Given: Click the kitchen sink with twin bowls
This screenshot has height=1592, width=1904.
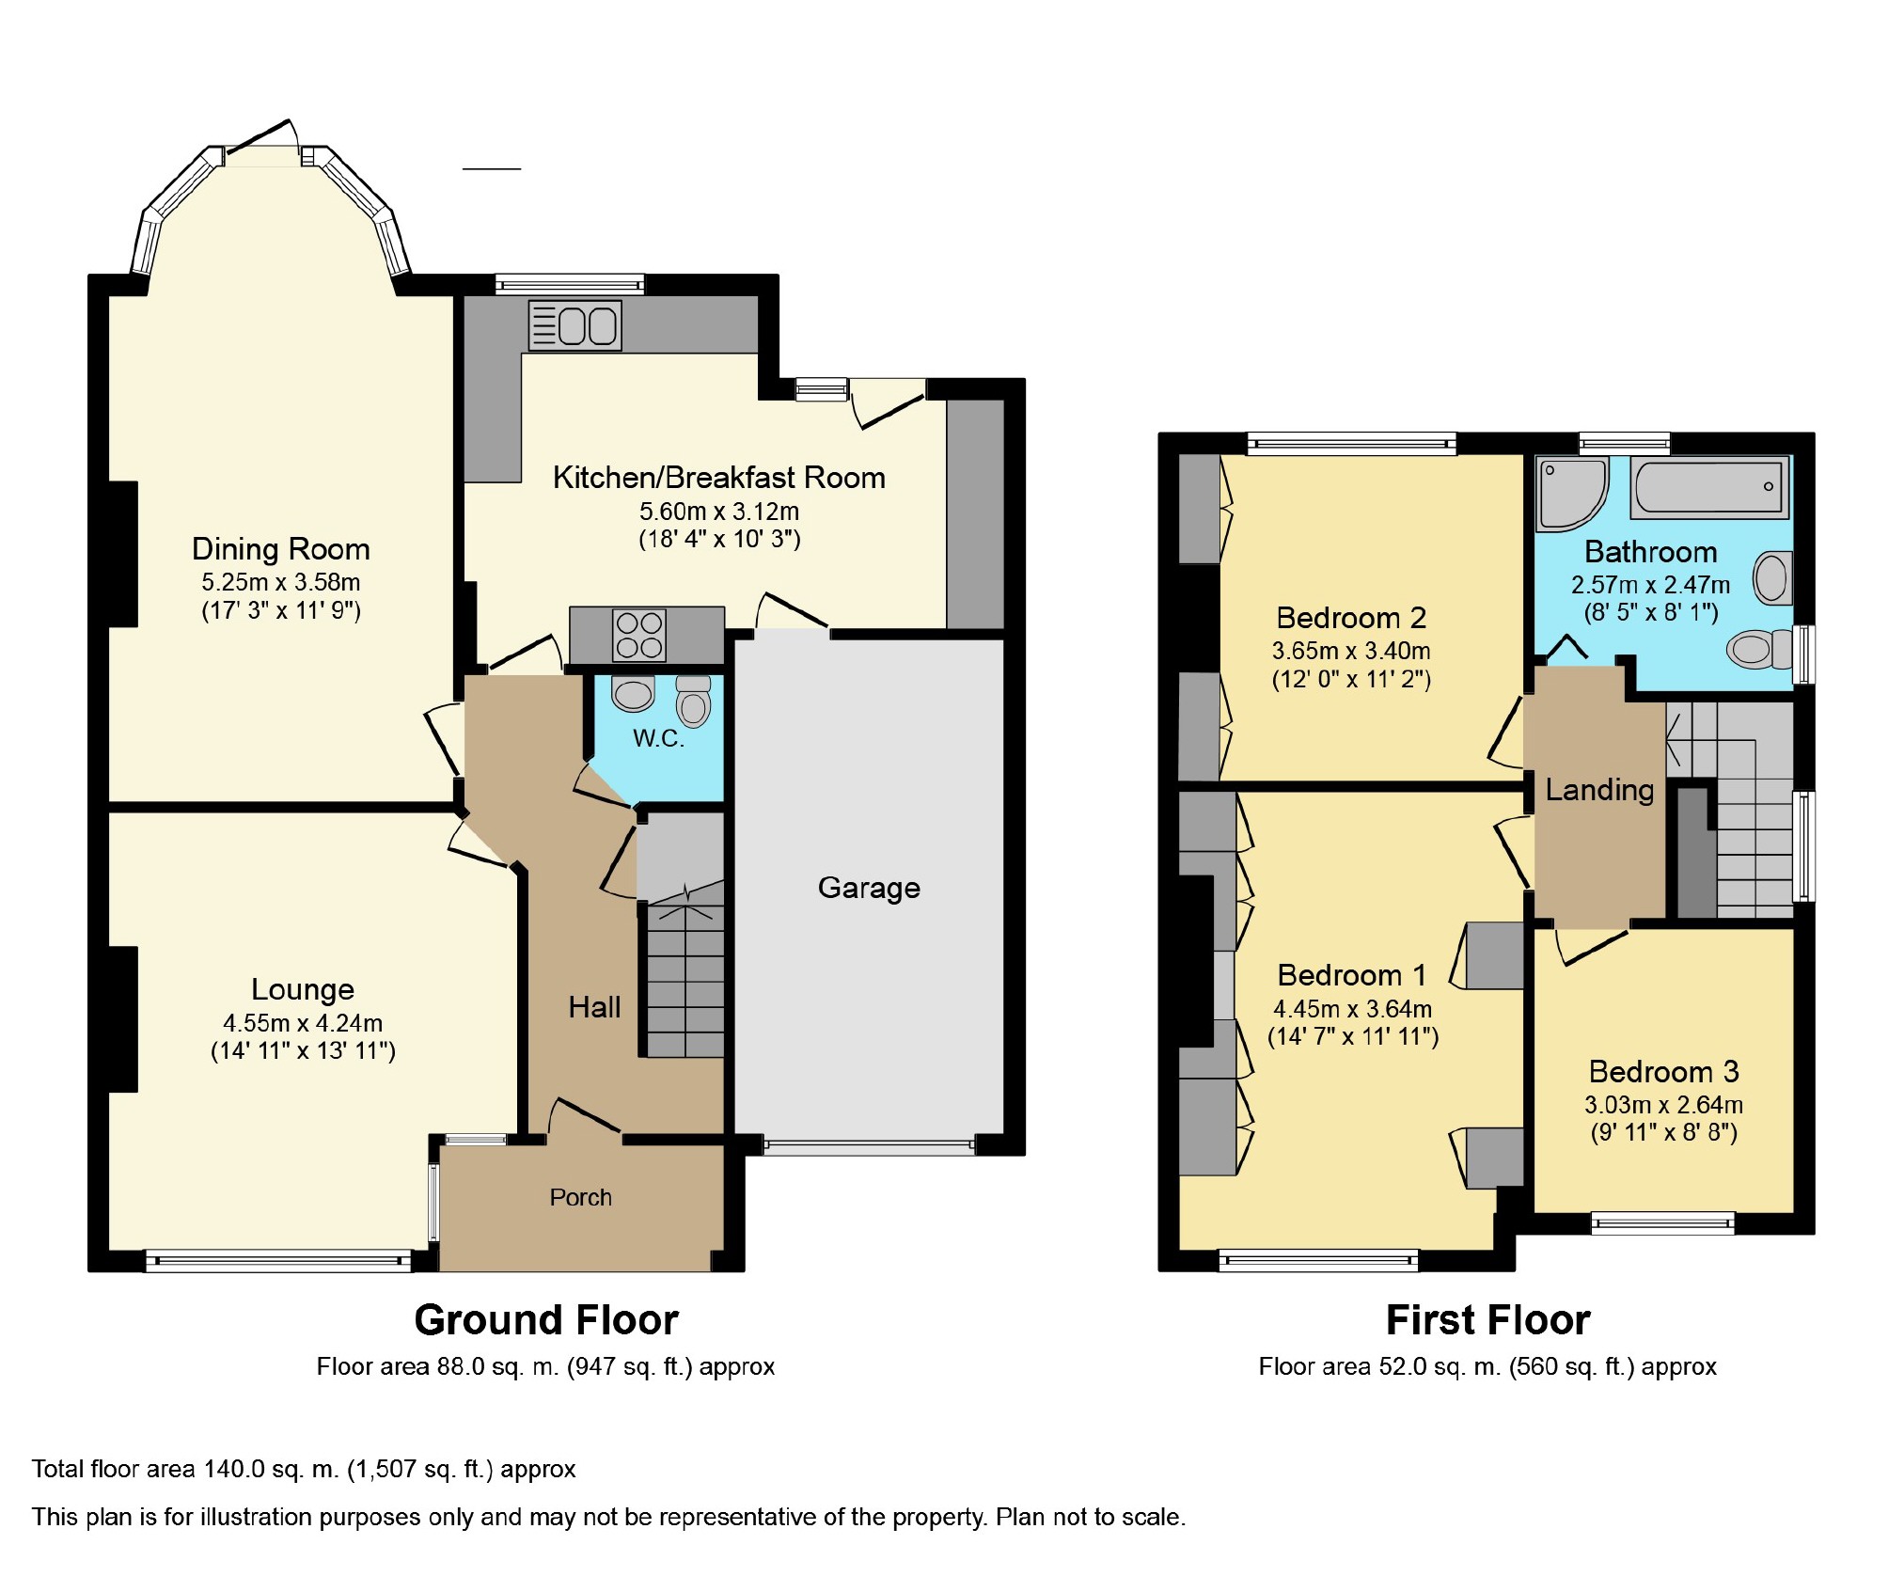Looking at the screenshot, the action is click(x=574, y=325).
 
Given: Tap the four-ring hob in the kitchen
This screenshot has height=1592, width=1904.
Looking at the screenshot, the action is click(x=639, y=635).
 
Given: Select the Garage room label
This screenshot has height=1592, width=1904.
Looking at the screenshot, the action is click(x=869, y=888).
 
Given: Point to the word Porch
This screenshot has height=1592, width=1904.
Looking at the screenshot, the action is click(x=580, y=1197).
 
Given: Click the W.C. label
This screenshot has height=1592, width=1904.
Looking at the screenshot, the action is click(x=658, y=738).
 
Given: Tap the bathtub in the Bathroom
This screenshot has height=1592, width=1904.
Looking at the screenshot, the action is click(x=1708, y=487).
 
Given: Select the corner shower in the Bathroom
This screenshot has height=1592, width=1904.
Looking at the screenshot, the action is click(x=1572, y=493).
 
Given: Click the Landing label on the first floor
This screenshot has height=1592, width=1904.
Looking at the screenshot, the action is click(x=1599, y=790).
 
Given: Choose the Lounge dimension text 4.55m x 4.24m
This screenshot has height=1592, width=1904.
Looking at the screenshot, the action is click(x=303, y=1023).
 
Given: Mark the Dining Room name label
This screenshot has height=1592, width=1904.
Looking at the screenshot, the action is click(x=280, y=549).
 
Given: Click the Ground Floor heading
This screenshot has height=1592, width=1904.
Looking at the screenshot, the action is click(x=546, y=1320).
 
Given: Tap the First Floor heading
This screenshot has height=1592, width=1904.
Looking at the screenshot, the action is click(x=1487, y=1320).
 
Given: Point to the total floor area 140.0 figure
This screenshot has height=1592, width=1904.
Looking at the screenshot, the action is click(x=235, y=1469).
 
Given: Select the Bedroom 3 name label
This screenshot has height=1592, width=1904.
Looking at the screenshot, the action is click(x=1663, y=1072).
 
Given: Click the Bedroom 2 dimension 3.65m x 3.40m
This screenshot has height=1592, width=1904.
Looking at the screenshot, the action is click(x=1351, y=651).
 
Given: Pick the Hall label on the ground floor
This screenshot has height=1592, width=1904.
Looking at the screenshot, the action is click(x=594, y=1008).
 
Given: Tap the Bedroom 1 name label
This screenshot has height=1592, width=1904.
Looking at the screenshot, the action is click(x=1351, y=975).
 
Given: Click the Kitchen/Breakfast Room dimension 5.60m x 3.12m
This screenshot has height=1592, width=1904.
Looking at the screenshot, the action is click(x=719, y=512).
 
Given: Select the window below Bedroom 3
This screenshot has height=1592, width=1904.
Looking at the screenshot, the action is click(x=1662, y=1222).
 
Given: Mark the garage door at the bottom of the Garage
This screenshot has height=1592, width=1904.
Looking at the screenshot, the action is click(x=869, y=1146).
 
